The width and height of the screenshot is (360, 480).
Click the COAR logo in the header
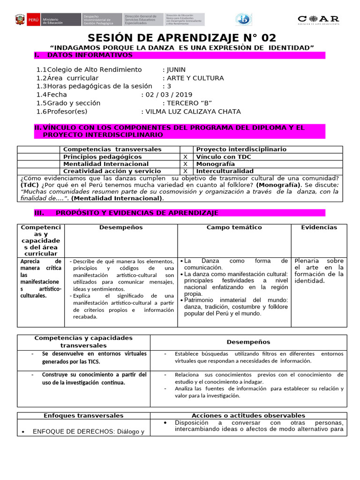318,19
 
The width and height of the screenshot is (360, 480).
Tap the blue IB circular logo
244,19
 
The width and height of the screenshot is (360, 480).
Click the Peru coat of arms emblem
20,20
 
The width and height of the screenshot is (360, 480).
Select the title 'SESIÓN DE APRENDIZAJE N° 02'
182,38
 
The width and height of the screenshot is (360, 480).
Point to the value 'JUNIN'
177,69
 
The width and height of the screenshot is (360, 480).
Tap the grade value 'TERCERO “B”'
190,103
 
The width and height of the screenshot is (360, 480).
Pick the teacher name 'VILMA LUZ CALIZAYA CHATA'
193,112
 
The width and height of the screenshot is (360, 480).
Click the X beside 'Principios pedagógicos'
185,157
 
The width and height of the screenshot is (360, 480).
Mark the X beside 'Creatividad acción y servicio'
185,172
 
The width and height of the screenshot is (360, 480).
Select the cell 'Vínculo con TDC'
223,157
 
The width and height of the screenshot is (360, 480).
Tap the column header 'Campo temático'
234,227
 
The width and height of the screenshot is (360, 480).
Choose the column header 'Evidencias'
319,227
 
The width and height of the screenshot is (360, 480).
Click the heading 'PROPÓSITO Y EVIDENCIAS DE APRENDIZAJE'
137,213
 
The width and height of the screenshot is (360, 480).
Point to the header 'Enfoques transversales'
83,415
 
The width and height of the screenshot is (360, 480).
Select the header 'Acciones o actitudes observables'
248,415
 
